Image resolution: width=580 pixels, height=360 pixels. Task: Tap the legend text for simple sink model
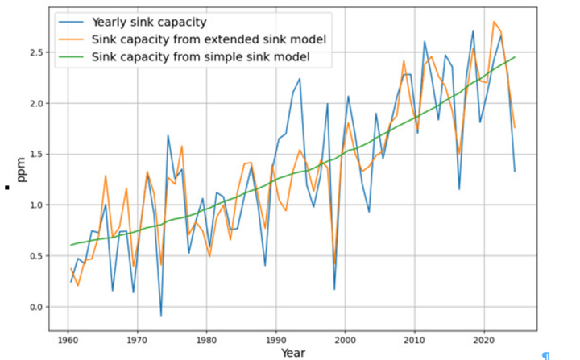[201, 57]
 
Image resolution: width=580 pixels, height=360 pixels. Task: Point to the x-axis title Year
[292, 352]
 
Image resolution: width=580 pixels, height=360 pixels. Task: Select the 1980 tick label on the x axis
[206, 338]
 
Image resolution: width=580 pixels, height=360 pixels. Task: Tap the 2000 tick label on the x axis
[346, 338]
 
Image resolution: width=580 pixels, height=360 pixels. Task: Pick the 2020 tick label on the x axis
[484, 338]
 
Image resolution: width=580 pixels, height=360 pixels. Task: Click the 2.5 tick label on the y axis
[35, 52]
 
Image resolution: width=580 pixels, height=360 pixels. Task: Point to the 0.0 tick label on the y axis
[35, 307]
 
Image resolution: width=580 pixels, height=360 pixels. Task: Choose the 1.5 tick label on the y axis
[35, 154]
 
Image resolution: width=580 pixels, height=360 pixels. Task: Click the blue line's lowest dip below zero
[161, 316]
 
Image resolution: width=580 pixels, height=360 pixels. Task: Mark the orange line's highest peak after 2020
[494, 22]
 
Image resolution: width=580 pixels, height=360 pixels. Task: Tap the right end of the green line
[514, 57]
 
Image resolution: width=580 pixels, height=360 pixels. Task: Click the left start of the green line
[71, 245]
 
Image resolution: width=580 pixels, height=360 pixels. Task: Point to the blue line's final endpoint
[514, 171]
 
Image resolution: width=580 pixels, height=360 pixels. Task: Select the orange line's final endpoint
[514, 127]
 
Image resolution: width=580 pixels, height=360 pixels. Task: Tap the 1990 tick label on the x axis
[276, 338]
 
